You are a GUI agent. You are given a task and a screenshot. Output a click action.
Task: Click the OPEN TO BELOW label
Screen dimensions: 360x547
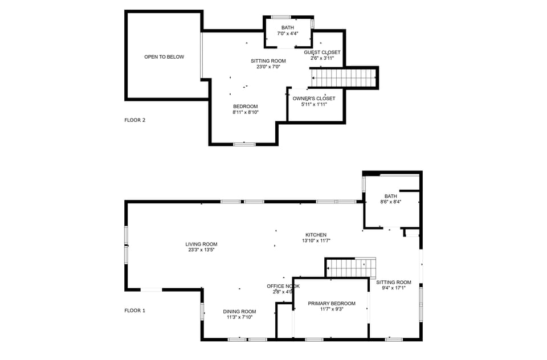(164, 57)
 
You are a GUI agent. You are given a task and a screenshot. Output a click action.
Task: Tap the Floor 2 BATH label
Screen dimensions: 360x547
(288, 27)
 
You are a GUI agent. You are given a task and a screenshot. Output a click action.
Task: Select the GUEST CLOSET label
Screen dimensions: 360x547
(322, 52)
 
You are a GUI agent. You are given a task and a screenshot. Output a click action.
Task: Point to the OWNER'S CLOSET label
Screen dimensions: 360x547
(314, 99)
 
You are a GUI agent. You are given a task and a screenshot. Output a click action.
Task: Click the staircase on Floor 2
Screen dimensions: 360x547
(344, 78)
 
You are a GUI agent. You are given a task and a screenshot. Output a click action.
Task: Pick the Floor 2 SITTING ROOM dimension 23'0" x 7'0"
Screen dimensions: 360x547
(268, 67)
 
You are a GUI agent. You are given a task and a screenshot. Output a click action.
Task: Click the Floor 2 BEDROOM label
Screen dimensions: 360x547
(245, 107)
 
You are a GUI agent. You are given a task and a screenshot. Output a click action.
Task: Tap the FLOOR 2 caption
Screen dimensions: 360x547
(135, 120)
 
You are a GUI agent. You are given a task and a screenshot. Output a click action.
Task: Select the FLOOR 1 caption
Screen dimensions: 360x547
(135, 310)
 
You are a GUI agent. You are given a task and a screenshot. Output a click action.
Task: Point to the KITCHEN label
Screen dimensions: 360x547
(316, 235)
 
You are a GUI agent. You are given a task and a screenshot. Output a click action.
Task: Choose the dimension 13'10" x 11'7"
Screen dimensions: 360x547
(316, 241)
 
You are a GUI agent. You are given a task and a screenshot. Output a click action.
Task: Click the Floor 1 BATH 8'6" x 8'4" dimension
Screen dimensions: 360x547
(391, 202)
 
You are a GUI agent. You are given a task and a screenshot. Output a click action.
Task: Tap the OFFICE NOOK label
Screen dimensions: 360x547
(283, 286)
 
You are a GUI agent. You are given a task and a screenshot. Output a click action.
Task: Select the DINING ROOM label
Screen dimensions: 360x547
(239, 312)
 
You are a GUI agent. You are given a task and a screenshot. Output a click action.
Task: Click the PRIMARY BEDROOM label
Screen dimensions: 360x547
(332, 304)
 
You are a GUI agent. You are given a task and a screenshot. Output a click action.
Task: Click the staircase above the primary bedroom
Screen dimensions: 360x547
(350, 267)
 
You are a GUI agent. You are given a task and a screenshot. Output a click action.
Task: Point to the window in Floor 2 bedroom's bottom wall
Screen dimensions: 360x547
(244, 144)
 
